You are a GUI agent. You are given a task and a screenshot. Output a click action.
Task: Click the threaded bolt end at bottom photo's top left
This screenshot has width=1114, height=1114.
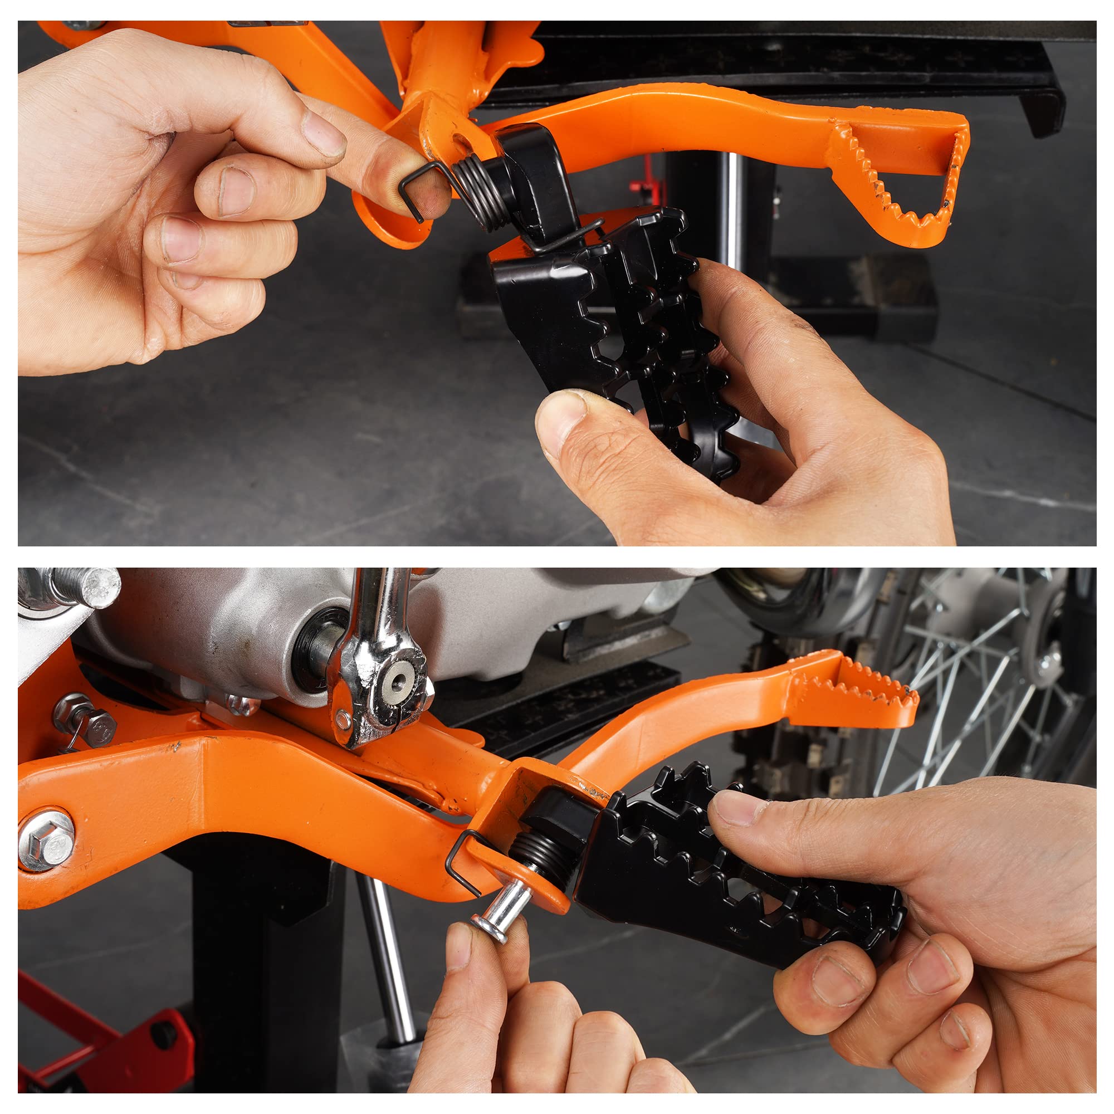pos(86,587)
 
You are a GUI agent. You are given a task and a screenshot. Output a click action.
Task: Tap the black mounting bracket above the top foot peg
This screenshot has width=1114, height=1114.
pos(536,173)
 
